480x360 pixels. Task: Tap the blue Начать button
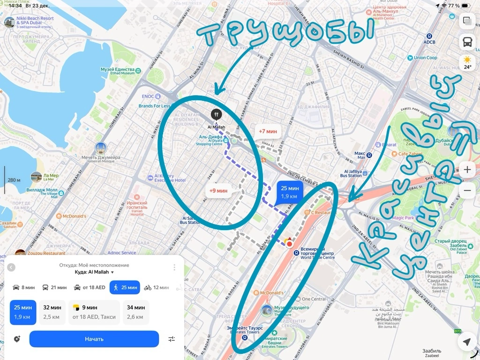[x=94, y=339]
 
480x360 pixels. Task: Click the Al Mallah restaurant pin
[x=216, y=114]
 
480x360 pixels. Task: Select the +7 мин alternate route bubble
[x=269, y=131]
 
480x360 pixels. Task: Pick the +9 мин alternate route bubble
[x=218, y=191]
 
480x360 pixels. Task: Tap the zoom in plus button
[x=467, y=169]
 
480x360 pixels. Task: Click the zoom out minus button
[x=467, y=191]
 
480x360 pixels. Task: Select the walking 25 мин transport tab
[x=125, y=287]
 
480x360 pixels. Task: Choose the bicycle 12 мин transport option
[x=157, y=287]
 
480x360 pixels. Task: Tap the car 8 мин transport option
[x=23, y=287]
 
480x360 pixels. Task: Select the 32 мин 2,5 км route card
[x=52, y=312]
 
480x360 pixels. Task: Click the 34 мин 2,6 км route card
[x=136, y=312]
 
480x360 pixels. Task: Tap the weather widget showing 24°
[x=467, y=62]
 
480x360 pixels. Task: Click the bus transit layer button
[x=467, y=42]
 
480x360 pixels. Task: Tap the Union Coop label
[x=425, y=58]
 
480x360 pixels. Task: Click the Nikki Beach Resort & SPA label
[x=35, y=21]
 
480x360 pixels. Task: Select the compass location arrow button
[x=467, y=341]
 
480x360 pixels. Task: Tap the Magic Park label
[x=403, y=218]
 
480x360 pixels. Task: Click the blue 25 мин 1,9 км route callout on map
[x=290, y=192]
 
